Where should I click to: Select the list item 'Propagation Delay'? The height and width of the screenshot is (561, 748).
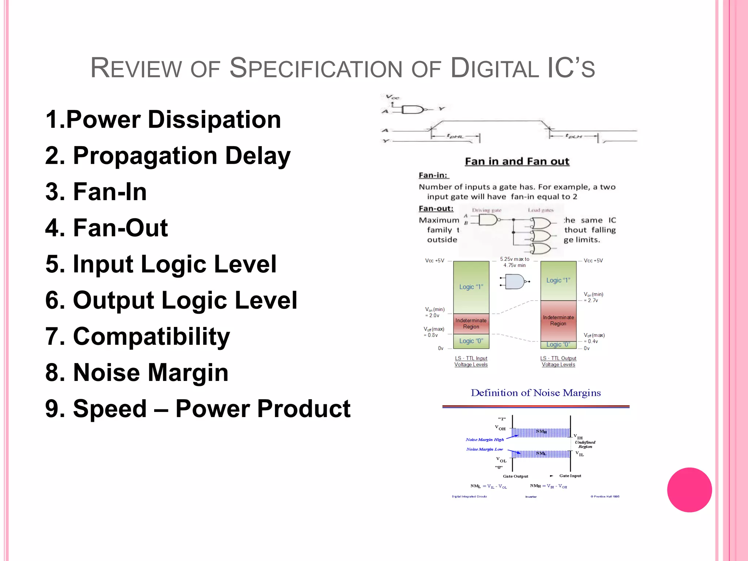pyautogui.click(x=168, y=156)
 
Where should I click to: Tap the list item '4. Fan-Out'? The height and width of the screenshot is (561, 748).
pyautogui.click(x=106, y=228)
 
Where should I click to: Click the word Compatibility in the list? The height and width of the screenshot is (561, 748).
pyautogui.click(x=151, y=336)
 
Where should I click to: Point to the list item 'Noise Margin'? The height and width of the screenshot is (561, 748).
pyautogui.click(x=137, y=373)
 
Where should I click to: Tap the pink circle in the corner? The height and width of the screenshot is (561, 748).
pyautogui.click(x=689, y=490)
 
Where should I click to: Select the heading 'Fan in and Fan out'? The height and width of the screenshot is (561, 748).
pyautogui.click(x=517, y=161)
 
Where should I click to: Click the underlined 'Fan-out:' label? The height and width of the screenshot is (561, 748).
pyautogui.click(x=436, y=209)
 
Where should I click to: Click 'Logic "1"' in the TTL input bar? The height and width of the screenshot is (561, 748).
pyautogui.click(x=471, y=287)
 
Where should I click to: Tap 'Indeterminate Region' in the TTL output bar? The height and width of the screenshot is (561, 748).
pyautogui.click(x=558, y=320)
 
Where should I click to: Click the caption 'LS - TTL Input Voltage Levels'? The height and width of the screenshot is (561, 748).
pyautogui.click(x=471, y=361)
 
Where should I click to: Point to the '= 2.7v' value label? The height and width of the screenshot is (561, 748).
pyautogui.click(x=591, y=301)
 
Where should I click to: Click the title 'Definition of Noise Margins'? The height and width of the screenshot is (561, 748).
pyautogui.click(x=535, y=393)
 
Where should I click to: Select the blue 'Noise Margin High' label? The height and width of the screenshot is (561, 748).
pyautogui.click(x=485, y=440)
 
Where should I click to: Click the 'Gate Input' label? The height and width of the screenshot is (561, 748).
pyautogui.click(x=570, y=476)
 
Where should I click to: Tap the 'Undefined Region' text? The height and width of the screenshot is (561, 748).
pyautogui.click(x=585, y=444)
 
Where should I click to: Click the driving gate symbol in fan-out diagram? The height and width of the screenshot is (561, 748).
pyautogui.click(x=487, y=220)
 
